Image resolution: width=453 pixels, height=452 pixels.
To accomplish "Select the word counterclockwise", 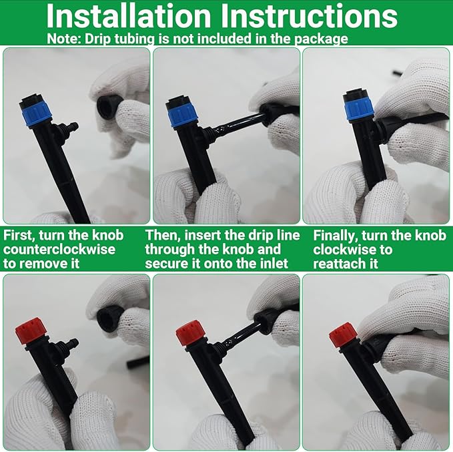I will pyautogui.click(x=59, y=249).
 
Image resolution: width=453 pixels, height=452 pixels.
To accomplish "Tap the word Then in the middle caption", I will pyautogui.click(x=162, y=235).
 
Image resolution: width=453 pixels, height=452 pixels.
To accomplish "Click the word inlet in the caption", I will pyautogui.click(x=271, y=263).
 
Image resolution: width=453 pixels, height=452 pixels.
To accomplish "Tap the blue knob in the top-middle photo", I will pyautogui.click(x=183, y=113).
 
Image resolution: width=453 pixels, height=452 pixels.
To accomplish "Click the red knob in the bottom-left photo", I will pyautogui.click(x=30, y=330).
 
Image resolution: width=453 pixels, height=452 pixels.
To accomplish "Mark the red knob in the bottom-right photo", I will pyautogui.click(x=343, y=334).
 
